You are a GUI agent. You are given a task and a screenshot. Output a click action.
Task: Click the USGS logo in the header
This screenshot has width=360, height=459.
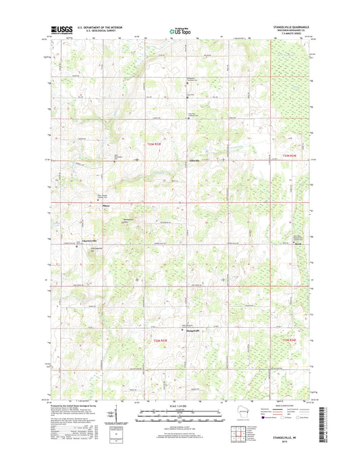59,30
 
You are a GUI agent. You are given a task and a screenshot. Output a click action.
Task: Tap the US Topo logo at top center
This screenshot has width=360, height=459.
180,30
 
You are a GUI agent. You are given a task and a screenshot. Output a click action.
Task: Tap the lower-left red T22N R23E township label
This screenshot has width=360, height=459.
156,341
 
